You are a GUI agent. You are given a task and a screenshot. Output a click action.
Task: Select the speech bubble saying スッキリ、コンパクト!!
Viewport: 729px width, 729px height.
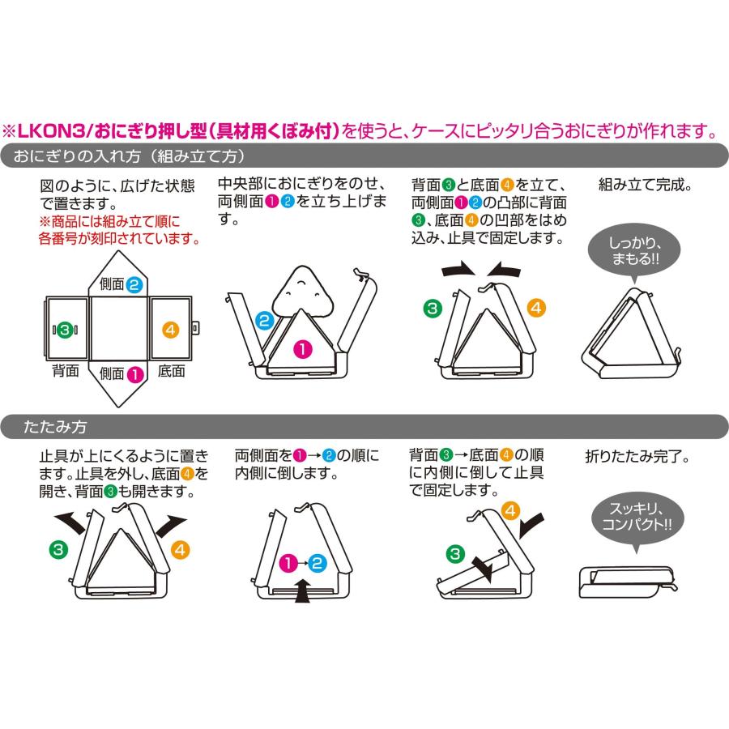pos(637,518)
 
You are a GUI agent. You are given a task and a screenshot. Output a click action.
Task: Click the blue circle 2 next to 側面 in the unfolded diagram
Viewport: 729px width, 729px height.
pos(134,284)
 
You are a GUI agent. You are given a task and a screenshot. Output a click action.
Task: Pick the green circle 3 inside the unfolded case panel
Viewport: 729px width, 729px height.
pos(65,330)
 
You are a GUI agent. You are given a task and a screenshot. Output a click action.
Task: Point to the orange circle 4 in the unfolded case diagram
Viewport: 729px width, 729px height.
pos(171,330)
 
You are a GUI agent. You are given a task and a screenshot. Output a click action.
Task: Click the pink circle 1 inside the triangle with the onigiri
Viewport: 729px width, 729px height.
pos(303,348)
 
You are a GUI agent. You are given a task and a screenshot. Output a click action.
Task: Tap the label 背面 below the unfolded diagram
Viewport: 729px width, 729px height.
pos(65,371)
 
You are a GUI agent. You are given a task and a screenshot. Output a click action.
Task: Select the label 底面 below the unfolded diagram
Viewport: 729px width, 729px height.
pos(172,371)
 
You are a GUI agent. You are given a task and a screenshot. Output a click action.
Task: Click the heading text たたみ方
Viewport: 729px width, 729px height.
pos(55,427)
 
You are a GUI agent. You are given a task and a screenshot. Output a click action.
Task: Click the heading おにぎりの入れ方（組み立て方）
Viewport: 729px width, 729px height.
pos(130,156)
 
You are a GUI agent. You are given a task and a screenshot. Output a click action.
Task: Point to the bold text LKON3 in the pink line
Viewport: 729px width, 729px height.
pos(51,131)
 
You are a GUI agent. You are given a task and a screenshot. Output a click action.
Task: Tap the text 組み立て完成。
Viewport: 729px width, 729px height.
pos(646,185)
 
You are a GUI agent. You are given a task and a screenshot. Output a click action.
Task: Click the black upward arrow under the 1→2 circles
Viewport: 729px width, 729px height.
pos(303,590)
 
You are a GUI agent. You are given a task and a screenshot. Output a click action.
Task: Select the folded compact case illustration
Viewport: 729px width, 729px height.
pos(629,582)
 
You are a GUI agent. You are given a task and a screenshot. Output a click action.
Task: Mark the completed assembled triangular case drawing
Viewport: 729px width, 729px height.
pos(631,333)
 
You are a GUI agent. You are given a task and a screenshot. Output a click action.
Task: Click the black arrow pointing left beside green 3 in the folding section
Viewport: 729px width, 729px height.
pos(70,522)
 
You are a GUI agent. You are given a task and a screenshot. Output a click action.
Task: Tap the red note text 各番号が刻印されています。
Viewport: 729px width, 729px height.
pos(120,239)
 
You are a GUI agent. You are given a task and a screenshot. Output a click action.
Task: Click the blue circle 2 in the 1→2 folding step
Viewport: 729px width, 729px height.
pos(317,564)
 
